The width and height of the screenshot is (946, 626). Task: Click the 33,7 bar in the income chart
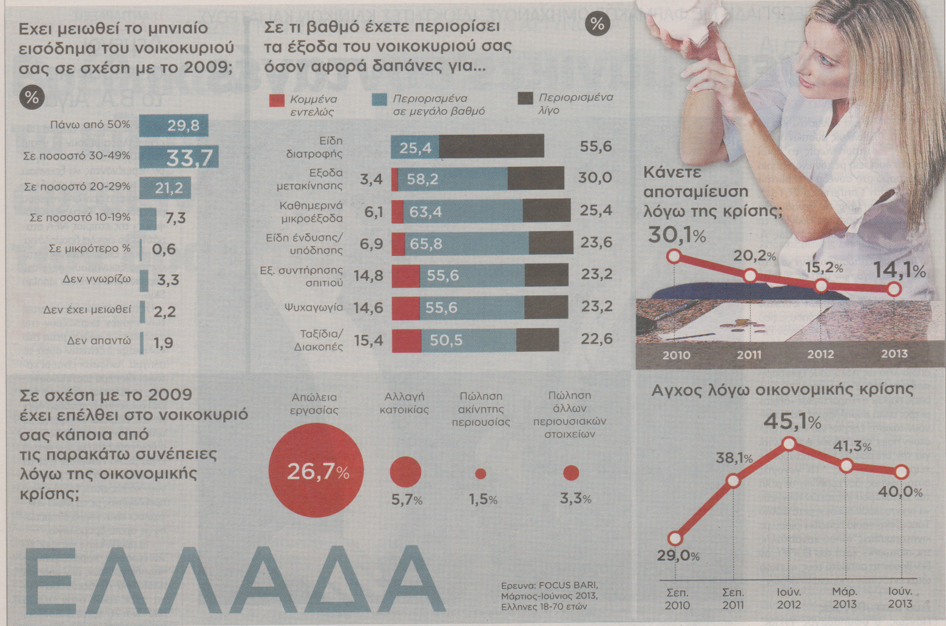pyautogui.click(x=179, y=158)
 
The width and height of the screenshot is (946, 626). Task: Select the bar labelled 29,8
pyautogui.click(x=174, y=126)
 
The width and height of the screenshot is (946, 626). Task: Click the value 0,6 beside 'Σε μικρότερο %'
pyautogui.click(x=164, y=249)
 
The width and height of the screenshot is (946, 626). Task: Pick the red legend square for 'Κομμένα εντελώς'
pyautogui.click(x=276, y=101)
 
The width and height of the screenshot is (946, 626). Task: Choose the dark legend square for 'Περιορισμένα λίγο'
pyautogui.click(x=525, y=99)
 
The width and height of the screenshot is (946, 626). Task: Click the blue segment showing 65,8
pyautogui.click(x=466, y=244)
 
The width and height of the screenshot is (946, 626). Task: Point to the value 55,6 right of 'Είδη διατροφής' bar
pyautogui.click(x=596, y=147)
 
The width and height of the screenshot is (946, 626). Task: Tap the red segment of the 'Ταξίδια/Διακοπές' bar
pyautogui.click(x=406, y=341)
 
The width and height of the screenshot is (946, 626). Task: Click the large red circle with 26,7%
pyautogui.click(x=317, y=471)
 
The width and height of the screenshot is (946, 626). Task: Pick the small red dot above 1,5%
pyautogui.click(x=481, y=474)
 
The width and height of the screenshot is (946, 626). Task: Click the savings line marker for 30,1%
pyautogui.click(x=674, y=257)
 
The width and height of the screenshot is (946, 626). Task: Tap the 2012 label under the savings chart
pyautogui.click(x=820, y=354)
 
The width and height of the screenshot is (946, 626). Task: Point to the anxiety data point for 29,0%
pyautogui.click(x=675, y=538)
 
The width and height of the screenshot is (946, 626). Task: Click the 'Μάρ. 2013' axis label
pyautogui.click(x=844, y=597)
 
